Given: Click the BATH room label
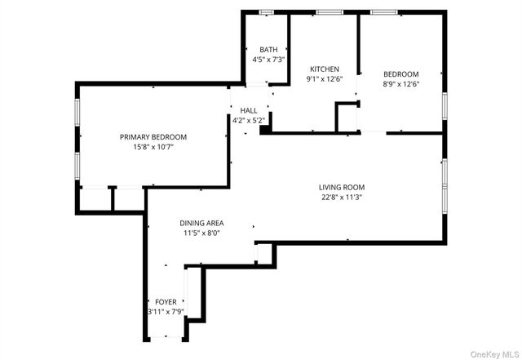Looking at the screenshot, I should coord(268,50).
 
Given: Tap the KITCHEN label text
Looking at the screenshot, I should coord(323,69).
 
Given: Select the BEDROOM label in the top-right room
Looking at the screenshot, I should coord(400,73).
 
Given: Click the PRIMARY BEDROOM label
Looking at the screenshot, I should coord(153,136).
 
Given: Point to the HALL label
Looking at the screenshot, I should coord(248,110).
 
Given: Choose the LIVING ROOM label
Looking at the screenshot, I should coord(341,187).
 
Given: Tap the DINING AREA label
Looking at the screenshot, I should coord(202,223).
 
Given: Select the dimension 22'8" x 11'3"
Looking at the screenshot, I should coord(341,197).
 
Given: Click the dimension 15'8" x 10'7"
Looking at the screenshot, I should coord(153,147).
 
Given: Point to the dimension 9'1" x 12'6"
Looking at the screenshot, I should coord(323,79).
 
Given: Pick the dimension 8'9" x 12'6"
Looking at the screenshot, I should coord(400,84).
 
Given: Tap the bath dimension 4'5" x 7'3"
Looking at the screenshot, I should coord(268,60).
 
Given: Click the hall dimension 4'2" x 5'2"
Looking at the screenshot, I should coord(248,121).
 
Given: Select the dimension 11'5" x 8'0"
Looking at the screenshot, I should coord(202,233).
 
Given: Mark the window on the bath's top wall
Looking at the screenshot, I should coord(266,12).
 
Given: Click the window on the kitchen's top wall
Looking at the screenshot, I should coord(329,12).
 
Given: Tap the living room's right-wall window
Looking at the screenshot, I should coord(445,185).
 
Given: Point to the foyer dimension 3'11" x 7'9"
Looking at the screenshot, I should coord(166,312).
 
